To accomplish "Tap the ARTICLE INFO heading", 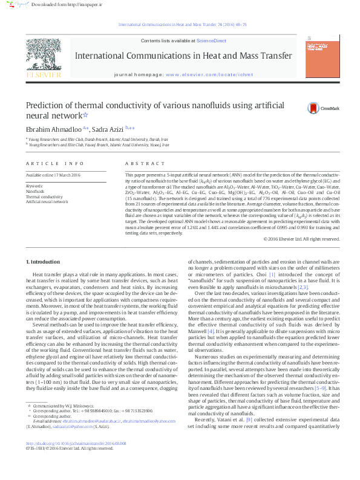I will coord(55,164).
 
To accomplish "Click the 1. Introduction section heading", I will coord(44,262).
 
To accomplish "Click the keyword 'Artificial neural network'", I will coord(47,201).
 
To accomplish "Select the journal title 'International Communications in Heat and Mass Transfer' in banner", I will coord(183,56).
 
